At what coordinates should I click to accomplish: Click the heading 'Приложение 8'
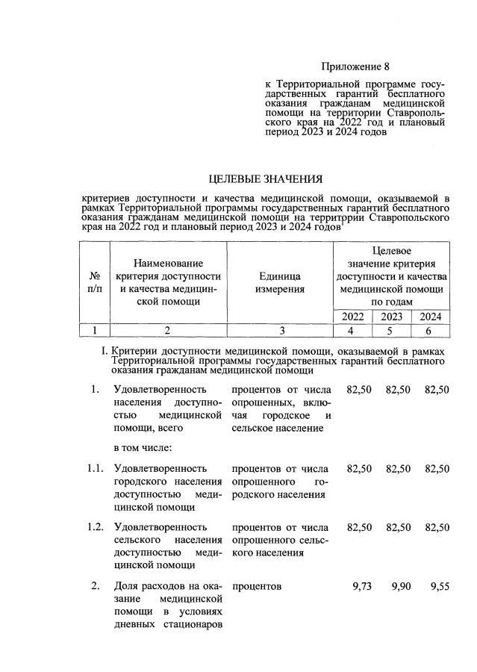coord(355,66)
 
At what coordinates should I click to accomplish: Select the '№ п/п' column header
coord(95,281)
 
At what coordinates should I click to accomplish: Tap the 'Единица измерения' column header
coord(279,281)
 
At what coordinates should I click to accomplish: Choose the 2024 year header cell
coord(431,316)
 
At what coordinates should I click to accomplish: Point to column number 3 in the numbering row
coord(279,330)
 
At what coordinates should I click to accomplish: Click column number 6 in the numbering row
coord(431,330)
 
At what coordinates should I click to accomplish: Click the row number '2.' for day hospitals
coord(96,586)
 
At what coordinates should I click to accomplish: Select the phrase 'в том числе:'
coord(143,448)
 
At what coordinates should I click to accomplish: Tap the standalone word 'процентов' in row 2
coord(257,586)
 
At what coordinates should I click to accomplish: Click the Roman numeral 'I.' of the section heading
coord(105,351)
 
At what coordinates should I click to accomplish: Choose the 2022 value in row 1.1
coord(360,468)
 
